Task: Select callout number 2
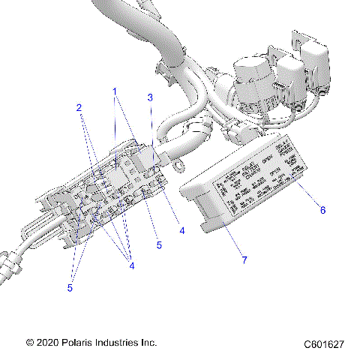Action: (78, 107)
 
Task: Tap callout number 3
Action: (150, 97)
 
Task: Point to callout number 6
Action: (323, 210)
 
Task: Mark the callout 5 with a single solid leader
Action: (159, 244)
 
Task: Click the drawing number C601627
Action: (324, 343)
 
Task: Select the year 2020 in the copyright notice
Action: (46, 342)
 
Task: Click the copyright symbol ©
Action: (28, 342)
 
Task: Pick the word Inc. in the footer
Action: (150, 342)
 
